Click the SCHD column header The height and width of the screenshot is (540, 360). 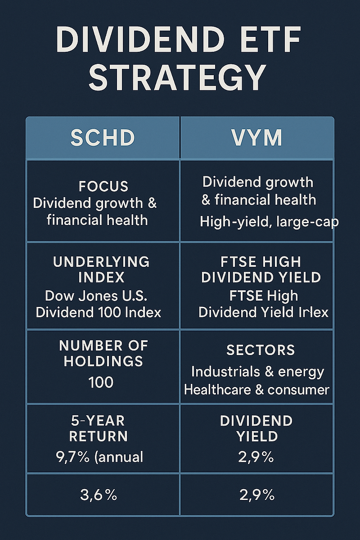point(103,138)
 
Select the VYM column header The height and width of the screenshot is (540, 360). point(257,138)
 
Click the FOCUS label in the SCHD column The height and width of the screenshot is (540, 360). point(103,186)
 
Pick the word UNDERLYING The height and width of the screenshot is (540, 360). point(101,261)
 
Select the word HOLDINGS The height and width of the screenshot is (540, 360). point(103,361)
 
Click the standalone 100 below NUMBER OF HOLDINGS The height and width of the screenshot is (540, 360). point(101,382)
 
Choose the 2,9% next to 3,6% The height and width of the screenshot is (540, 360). point(256,495)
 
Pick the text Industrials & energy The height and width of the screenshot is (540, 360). point(257,372)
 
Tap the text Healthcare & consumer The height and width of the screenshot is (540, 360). point(256,389)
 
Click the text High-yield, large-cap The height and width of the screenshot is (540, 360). point(269,221)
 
